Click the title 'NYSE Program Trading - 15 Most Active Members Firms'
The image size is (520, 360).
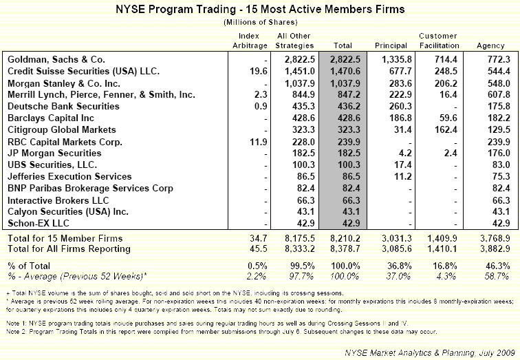pos(259,10)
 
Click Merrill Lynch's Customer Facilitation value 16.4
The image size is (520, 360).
pos(450,96)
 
